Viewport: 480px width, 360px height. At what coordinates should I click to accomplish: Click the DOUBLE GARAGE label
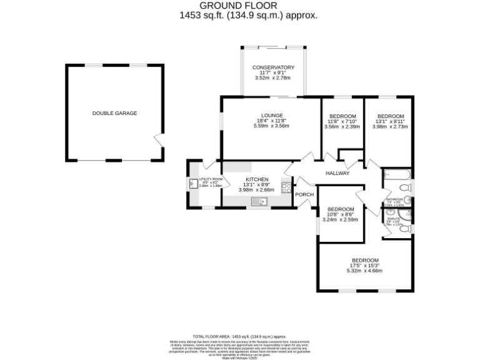click(114, 113)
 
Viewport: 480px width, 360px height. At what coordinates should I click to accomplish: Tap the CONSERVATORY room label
click(273, 67)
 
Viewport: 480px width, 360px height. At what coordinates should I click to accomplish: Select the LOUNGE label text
click(272, 116)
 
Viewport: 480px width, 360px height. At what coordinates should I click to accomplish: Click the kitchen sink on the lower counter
click(259, 201)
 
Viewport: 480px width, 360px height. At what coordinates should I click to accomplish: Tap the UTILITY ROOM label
click(210, 180)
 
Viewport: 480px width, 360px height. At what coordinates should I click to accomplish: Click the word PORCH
click(304, 194)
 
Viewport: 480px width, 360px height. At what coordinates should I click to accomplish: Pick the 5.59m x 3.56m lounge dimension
click(272, 126)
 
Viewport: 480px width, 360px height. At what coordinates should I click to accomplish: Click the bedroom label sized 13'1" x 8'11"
click(391, 116)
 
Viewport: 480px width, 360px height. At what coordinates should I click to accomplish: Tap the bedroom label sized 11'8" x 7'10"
click(342, 116)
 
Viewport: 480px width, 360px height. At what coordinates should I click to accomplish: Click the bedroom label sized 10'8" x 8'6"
click(341, 209)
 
